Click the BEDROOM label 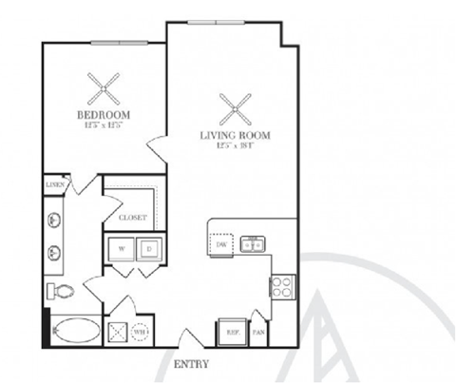pyautogui.click(x=104, y=115)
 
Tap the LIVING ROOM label pyautogui.click(x=235, y=136)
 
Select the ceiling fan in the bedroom pyautogui.click(x=104, y=89)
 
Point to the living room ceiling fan pyautogui.click(x=234, y=108)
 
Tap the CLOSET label pyautogui.click(x=132, y=218)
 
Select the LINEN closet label pyautogui.click(x=55, y=185)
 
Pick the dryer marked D pyautogui.click(x=149, y=249)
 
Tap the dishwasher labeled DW pyautogui.click(x=220, y=245)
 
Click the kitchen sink pyautogui.click(x=252, y=245)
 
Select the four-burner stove pyautogui.click(x=282, y=286)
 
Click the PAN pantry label pyautogui.click(x=258, y=333)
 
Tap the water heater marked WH pyautogui.click(x=141, y=333)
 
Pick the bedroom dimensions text pyautogui.click(x=104, y=125)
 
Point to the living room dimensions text pyautogui.click(x=235, y=146)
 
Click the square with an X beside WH pyautogui.click(x=119, y=333)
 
